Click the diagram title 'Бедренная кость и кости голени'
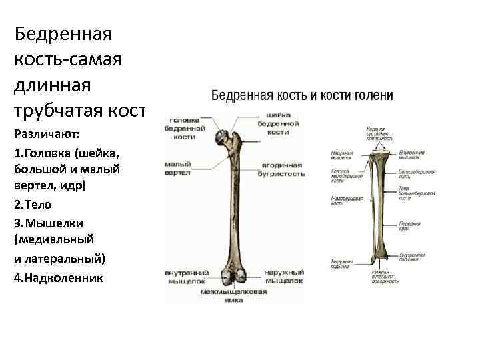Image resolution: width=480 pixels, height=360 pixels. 302,96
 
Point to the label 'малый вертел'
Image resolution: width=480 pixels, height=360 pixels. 178,168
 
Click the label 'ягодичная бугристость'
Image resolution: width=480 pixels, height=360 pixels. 281,169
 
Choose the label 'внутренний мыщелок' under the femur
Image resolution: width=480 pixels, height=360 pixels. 187,277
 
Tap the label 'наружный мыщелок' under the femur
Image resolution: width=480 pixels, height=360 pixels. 283,277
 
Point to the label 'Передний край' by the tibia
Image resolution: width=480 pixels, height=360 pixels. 409,227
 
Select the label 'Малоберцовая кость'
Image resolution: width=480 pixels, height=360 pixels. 345,201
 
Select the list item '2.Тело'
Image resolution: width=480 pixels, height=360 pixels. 32,205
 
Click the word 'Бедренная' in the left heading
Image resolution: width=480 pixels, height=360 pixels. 62,33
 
